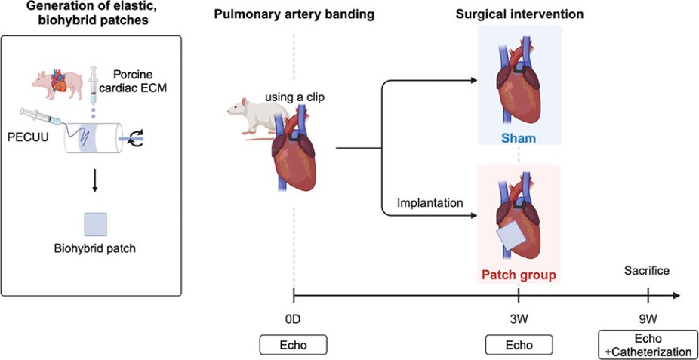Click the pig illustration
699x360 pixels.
coord(54,81)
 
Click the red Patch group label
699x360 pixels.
coord(518,275)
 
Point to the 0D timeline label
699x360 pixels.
coord(293,319)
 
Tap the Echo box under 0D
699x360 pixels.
coord(293,345)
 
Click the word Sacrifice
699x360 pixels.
coord(646,271)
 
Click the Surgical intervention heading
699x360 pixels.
coord(519,15)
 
